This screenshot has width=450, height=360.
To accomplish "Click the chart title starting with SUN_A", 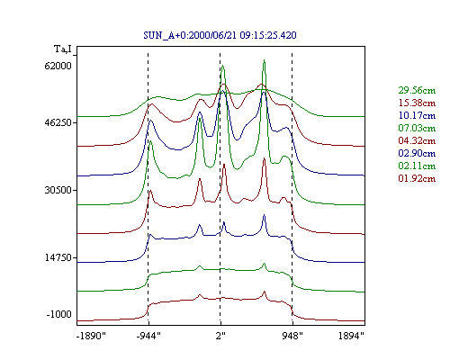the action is coord(220,35).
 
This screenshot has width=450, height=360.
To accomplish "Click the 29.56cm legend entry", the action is coord(417,90).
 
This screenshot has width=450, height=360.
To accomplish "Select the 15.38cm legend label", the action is coord(417,103).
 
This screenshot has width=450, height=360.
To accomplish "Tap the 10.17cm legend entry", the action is coord(417,115).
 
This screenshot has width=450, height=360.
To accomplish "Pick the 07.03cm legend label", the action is coord(417,128).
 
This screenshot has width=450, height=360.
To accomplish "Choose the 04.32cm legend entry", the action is coord(417,140).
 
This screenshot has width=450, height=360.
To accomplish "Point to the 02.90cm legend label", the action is coord(417,153).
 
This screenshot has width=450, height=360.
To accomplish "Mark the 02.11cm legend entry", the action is coord(417,166).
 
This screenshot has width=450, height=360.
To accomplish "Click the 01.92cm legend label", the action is coord(417,178).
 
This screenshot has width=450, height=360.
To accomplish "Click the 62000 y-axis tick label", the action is coord(58,66).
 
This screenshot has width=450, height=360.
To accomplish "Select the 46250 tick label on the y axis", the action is coord(58,122).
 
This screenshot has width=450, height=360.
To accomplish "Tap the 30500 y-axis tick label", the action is coord(58,190).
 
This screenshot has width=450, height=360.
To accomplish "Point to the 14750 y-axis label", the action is coord(58,257).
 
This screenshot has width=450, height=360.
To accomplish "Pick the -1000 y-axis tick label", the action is coord(59,314).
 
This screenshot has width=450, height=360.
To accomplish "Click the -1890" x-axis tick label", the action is coord(91,336).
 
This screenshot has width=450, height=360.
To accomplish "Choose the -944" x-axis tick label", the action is coord(148,336).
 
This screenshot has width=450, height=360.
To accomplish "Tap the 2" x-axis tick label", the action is coord(220,336).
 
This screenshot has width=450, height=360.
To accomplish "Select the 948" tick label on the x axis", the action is coord(292,336).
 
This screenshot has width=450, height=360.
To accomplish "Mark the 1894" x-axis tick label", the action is coord(351,336).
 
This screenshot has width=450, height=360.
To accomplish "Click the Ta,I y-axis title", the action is coord(63,49).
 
